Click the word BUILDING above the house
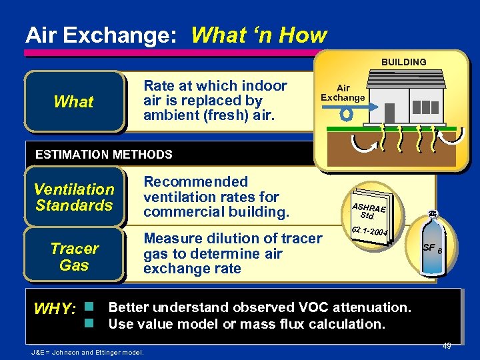click(403, 62)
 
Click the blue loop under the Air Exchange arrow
click(346, 113)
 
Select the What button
click(73, 102)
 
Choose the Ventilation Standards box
click(73, 197)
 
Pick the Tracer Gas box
click(73, 257)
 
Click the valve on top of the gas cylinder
click(431, 213)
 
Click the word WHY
click(55, 309)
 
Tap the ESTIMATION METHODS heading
click(103, 155)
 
